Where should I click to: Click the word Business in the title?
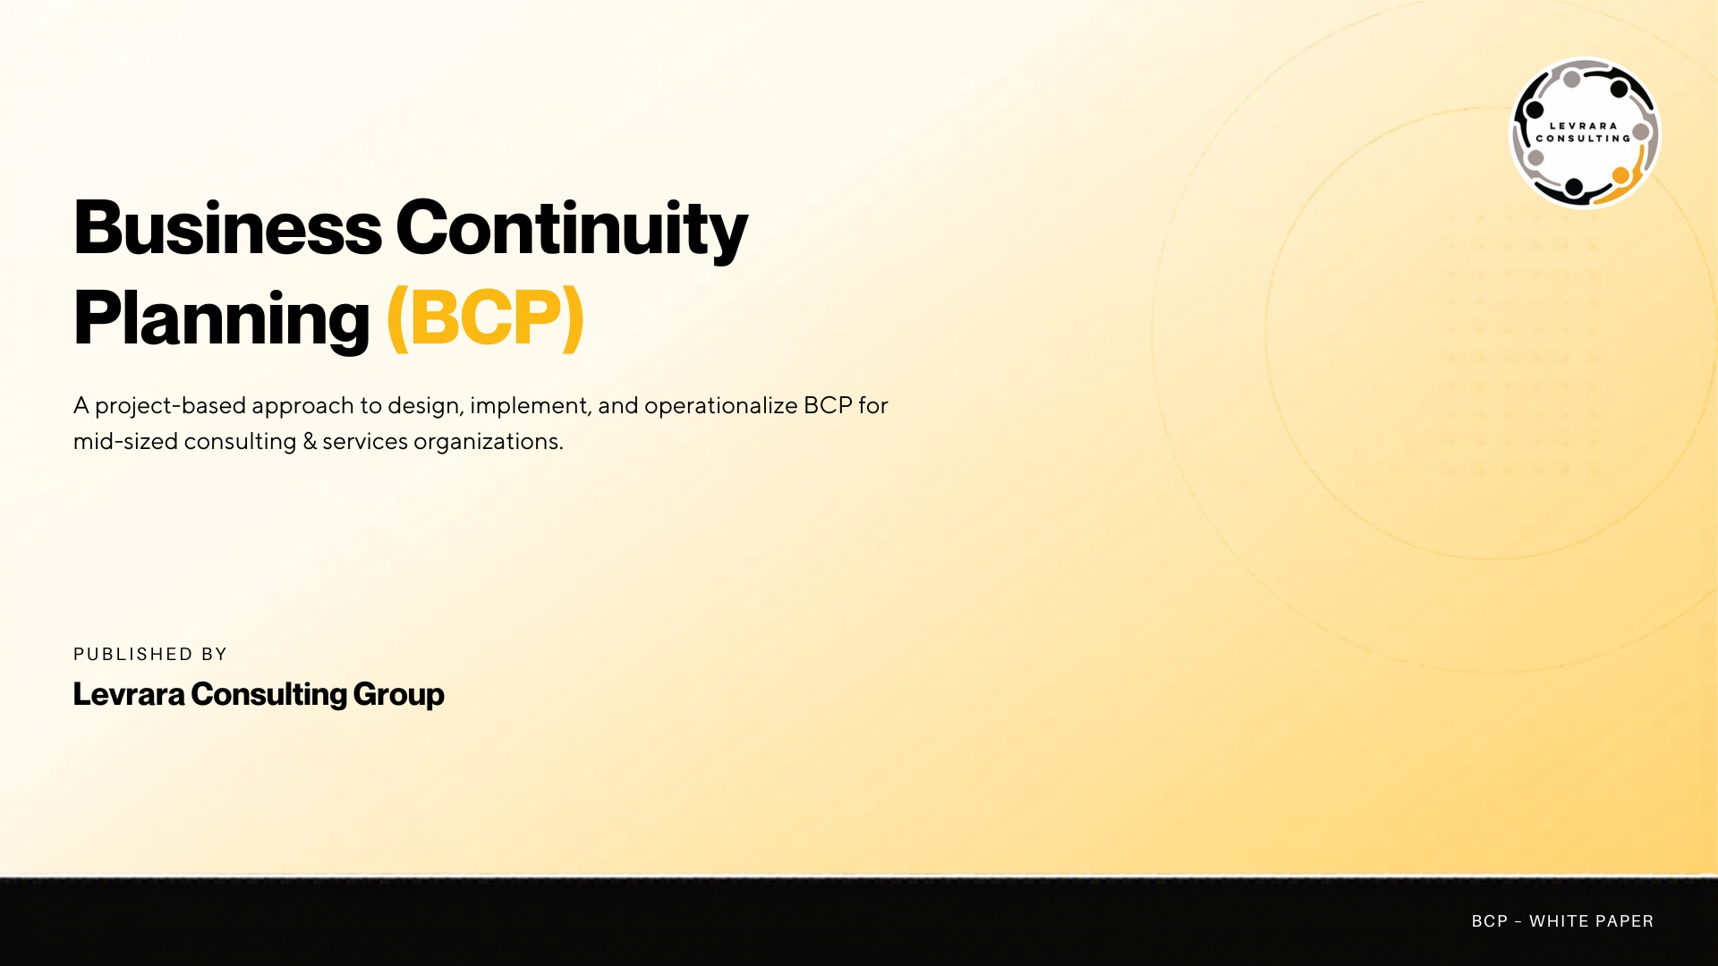(227, 228)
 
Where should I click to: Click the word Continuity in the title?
(571, 230)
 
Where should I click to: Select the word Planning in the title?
(221, 319)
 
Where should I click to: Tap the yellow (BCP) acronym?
(486, 318)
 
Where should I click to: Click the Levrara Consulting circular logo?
(1585, 133)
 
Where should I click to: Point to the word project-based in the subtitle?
(170, 406)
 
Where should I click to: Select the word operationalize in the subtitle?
(720, 406)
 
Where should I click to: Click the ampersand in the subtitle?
(310, 442)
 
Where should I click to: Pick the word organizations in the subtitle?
(488, 442)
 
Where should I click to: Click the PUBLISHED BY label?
(150, 654)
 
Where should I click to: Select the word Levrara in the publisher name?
(129, 694)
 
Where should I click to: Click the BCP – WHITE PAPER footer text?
(1562, 921)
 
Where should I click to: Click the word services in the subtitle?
(364, 442)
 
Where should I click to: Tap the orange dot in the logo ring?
(1620, 175)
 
